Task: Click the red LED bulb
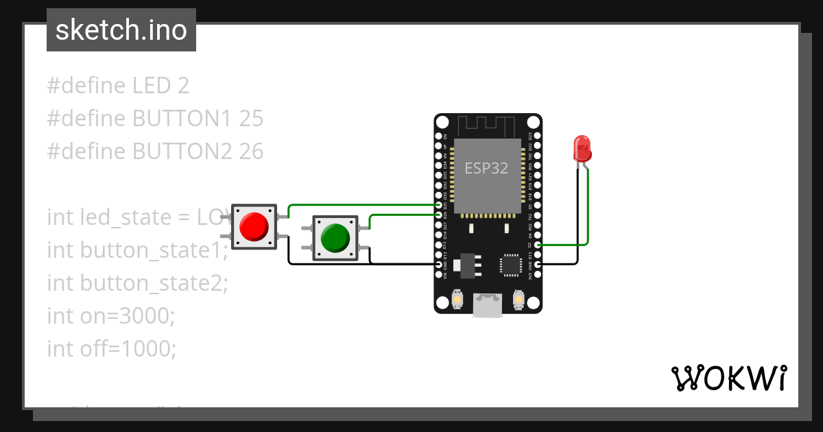pyautogui.click(x=582, y=148)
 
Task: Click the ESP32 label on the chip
pyautogui.click(x=487, y=168)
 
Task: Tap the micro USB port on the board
pyautogui.click(x=488, y=305)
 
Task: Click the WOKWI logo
pyautogui.click(x=728, y=379)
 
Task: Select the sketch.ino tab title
pyautogui.click(x=121, y=30)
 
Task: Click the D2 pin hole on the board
pyautogui.click(x=538, y=244)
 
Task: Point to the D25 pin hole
pyautogui.click(x=439, y=205)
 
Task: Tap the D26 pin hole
pyautogui.click(x=439, y=215)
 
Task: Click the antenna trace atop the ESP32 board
pyautogui.click(x=487, y=125)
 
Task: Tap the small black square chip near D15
pyautogui.click(x=510, y=265)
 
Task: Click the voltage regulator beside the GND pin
pyautogui.click(x=467, y=265)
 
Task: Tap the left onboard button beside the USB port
pyautogui.click(x=457, y=300)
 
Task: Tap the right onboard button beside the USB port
pyautogui.click(x=518, y=300)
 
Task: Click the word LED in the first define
pyautogui.click(x=152, y=86)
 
